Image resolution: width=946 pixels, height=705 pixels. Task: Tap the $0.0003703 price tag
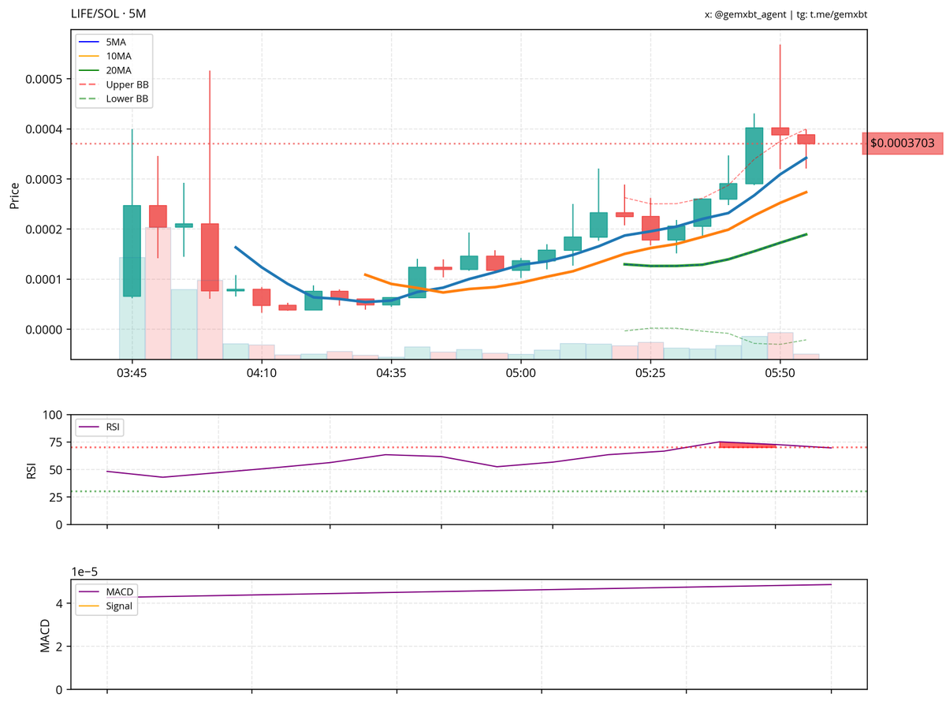coord(902,144)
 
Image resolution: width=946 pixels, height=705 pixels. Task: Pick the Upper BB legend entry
coord(126,84)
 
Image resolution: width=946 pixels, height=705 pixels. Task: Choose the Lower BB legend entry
coord(126,99)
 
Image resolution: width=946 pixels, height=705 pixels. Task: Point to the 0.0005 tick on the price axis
coord(47,80)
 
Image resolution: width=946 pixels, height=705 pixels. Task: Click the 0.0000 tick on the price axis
coord(47,330)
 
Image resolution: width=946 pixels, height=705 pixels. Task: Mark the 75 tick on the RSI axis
coord(53,442)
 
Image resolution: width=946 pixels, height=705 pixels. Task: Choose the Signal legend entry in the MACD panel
coord(118,606)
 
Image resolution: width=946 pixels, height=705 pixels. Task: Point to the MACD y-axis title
coord(45,636)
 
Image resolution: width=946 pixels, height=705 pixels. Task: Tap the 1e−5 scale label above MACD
coord(85,571)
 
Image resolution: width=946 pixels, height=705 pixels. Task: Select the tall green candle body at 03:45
coord(132,251)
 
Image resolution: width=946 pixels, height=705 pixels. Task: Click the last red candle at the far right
coord(806,139)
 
